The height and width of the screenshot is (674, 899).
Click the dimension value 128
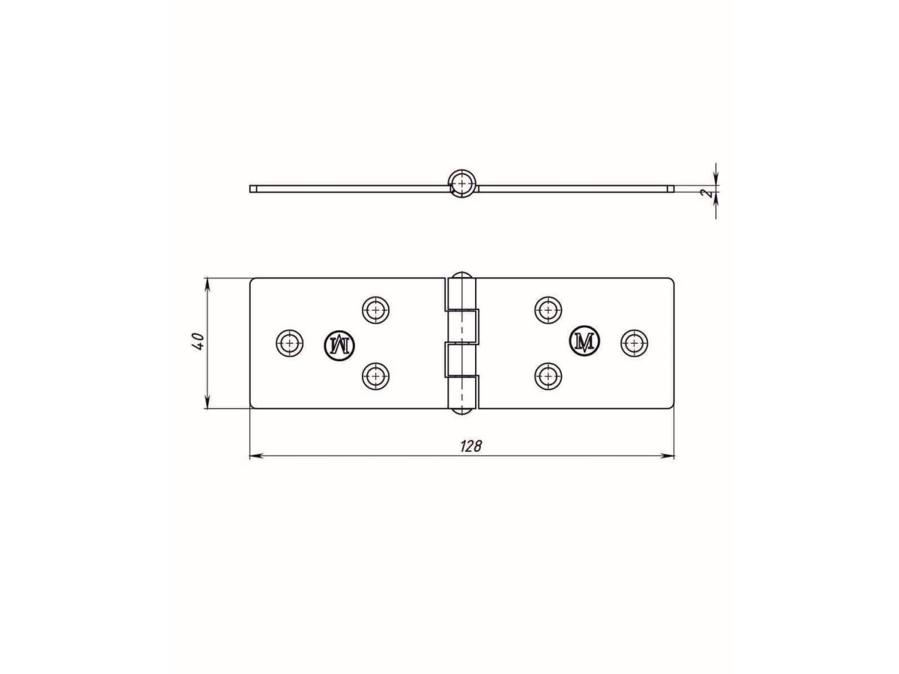click(x=470, y=446)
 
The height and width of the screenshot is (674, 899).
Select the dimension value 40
click(x=199, y=341)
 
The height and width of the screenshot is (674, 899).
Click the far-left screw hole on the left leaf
click(x=290, y=342)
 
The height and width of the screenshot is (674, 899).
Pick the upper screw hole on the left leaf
click(x=375, y=310)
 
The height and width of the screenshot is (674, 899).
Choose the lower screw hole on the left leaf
click(x=375, y=376)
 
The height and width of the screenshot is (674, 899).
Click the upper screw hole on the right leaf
click(x=548, y=310)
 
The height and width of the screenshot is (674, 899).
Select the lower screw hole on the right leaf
click(x=548, y=376)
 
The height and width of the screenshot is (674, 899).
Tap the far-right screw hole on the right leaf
click(x=634, y=342)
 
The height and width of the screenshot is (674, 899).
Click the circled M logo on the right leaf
click(x=584, y=341)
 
